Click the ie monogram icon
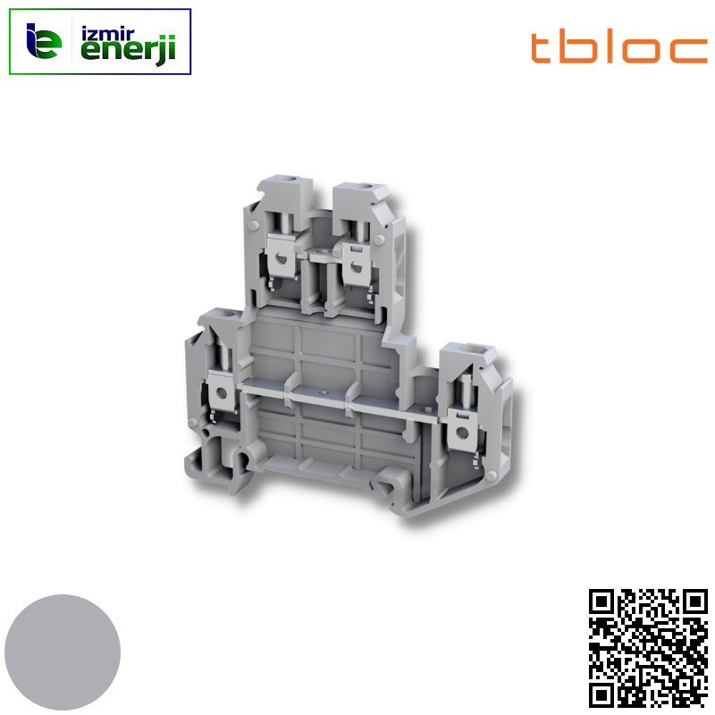[45, 41]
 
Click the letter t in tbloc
[543, 47]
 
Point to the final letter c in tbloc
[690, 51]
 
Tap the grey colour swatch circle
[63, 652]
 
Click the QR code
[649, 648]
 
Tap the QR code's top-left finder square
[603, 602]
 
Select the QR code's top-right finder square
[694, 602]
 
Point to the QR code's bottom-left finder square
[603, 694]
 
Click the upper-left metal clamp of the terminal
[282, 259]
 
